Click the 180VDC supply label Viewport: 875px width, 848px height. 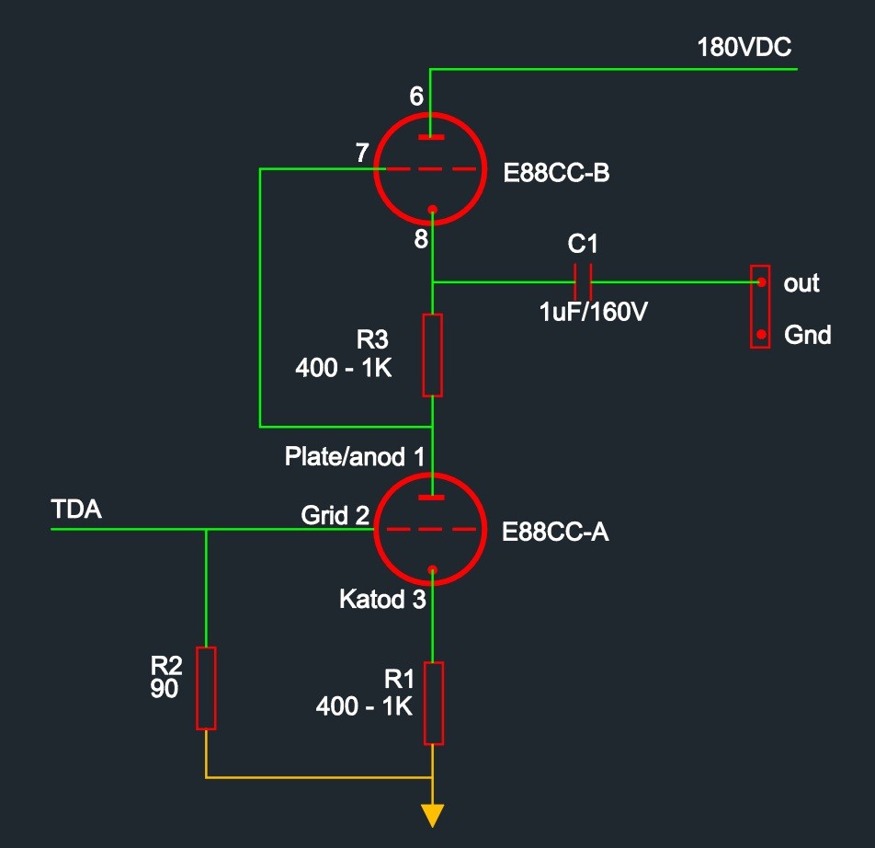click(x=744, y=48)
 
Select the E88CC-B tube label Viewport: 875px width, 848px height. click(x=556, y=173)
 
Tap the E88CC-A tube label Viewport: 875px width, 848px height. click(x=555, y=533)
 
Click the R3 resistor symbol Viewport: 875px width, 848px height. click(x=432, y=355)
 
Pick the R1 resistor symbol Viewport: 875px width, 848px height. click(x=433, y=703)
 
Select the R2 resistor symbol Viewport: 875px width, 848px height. click(x=207, y=688)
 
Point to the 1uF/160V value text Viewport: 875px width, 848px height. click(x=593, y=312)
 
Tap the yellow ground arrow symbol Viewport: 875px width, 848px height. click(x=432, y=814)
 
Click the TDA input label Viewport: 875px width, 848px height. click(x=76, y=510)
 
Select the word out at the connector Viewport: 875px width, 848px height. click(x=801, y=283)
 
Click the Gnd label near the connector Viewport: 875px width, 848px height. click(x=807, y=336)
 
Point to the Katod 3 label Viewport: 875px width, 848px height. click(x=382, y=601)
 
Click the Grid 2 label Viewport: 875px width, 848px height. click(x=335, y=516)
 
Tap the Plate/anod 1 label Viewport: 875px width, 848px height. click(x=355, y=456)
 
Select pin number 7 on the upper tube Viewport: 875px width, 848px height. click(x=362, y=154)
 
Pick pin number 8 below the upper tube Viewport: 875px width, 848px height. click(x=421, y=239)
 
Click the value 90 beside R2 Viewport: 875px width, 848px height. click(x=165, y=689)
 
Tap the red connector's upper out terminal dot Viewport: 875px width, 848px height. click(x=761, y=282)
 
